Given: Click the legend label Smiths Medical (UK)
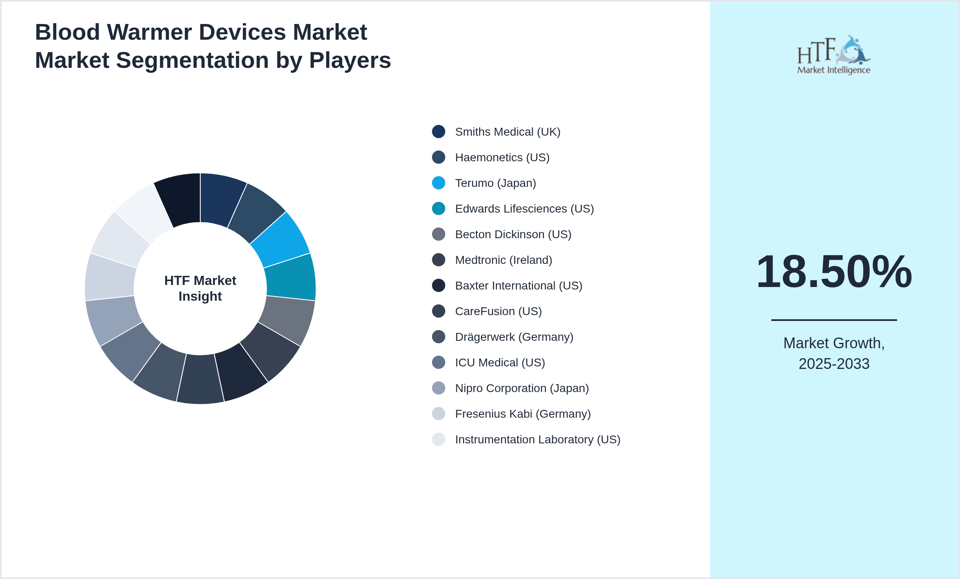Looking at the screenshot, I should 507,132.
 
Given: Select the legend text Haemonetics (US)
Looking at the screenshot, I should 502,158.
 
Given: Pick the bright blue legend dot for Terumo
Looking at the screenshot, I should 438,183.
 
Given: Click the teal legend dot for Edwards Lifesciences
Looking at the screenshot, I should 438,208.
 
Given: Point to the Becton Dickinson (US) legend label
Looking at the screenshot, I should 513,234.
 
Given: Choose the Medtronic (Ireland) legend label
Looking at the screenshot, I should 503,260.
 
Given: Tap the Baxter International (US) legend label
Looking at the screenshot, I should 518,286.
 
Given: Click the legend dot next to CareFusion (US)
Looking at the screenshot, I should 438,311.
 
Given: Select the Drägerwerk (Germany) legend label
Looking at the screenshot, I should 514,337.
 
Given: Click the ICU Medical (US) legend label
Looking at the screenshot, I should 500,363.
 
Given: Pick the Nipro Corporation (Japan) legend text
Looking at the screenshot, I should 521,388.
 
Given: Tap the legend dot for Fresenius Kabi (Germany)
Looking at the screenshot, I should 438,414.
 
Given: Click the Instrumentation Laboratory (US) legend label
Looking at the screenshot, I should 537,440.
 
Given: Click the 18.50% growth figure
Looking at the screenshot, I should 833,272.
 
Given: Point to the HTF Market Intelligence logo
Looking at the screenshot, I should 833,55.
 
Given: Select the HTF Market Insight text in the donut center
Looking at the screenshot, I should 200,288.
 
